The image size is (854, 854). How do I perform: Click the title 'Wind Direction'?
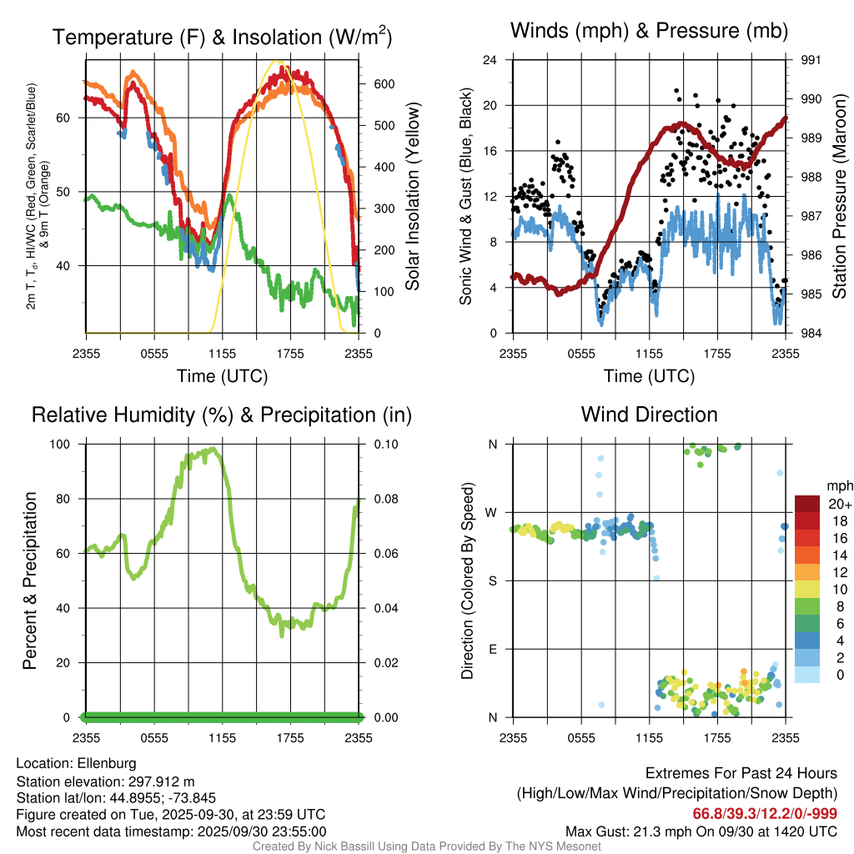point(649,414)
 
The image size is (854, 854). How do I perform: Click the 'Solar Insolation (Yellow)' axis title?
point(412,196)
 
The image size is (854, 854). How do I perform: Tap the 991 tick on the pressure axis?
point(811,60)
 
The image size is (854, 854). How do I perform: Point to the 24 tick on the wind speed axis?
point(491,60)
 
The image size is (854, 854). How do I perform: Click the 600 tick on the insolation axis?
point(383,84)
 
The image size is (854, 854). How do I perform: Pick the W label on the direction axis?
point(492,512)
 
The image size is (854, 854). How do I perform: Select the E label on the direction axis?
point(493,649)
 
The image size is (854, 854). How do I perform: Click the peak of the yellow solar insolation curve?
point(279,63)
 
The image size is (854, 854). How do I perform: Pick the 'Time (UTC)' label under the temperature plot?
point(222,376)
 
